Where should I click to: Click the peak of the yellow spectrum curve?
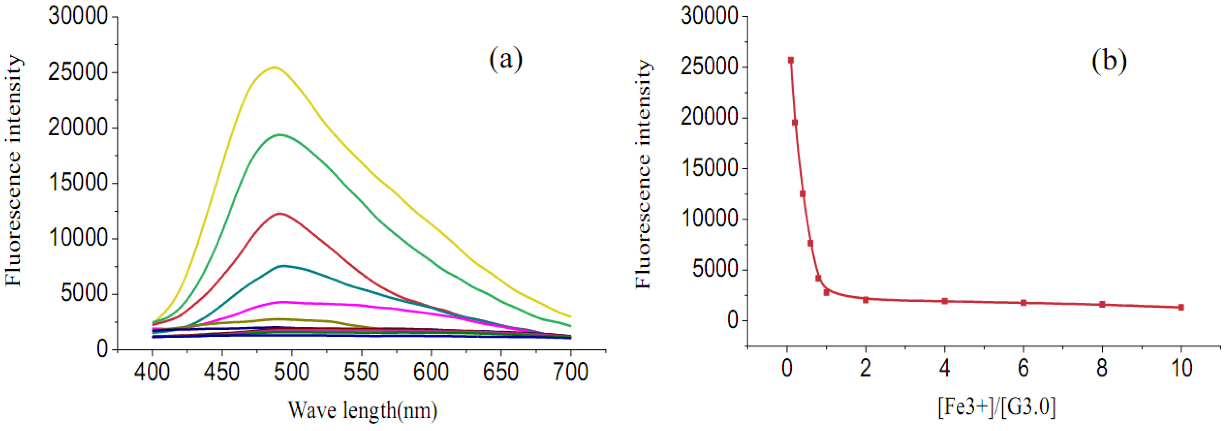[x=275, y=67]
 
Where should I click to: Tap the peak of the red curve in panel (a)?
[x=280, y=213]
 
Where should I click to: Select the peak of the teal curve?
[x=284, y=266]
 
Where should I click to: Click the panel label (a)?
[x=506, y=60]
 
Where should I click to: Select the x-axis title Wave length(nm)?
[x=363, y=410]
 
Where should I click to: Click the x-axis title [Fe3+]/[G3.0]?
[x=997, y=408]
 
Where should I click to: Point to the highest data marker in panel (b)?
[x=791, y=60]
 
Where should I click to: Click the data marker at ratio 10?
[x=1181, y=307]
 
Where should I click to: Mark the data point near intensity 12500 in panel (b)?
[x=803, y=193]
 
